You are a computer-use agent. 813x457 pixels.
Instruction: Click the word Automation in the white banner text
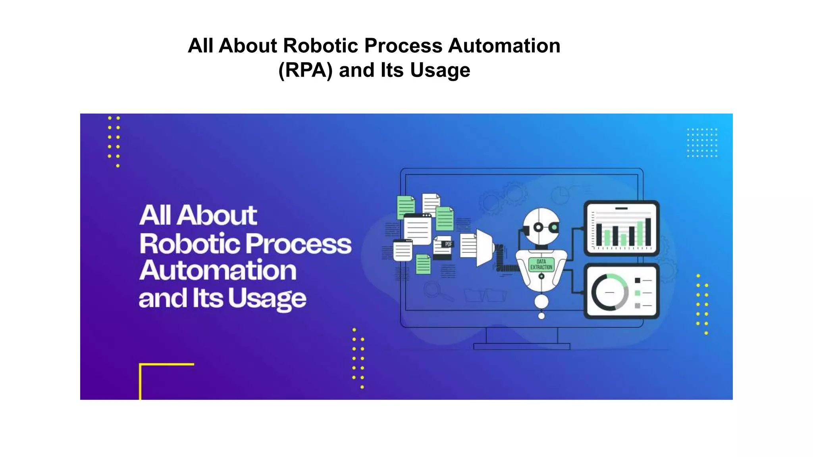click(218, 271)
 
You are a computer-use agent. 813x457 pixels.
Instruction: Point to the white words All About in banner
click(198, 215)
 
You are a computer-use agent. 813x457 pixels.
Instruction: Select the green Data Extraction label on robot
click(541, 264)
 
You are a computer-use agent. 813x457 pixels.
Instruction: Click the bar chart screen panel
click(621, 228)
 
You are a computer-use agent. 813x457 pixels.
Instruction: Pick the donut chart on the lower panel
click(609, 292)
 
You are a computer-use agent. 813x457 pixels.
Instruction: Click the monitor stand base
click(522, 346)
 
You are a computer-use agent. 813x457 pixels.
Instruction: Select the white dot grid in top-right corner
click(702, 142)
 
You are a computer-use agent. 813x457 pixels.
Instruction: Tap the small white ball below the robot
click(541, 316)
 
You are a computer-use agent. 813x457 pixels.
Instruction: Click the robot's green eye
click(553, 227)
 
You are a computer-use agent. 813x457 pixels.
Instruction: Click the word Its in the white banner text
click(208, 298)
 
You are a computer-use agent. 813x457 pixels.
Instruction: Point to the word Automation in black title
click(504, 46)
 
